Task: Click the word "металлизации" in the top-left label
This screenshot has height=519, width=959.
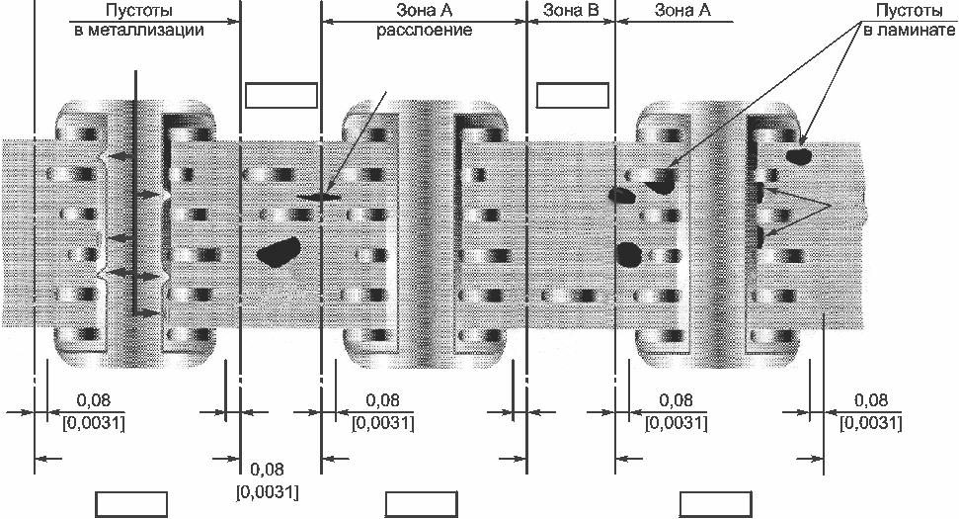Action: pos(147,30)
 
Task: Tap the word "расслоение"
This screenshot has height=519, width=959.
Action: pos(424,30)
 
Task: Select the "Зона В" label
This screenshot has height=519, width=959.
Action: pos(571,11)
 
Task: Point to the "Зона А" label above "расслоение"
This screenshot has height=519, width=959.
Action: pos(424,11)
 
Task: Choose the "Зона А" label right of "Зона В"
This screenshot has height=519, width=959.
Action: pos(682,11)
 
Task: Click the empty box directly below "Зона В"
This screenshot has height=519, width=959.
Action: pos(573,95)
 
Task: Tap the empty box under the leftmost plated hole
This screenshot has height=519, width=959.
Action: pos(131,504)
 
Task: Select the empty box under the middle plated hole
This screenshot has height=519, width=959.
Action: pos(422,504)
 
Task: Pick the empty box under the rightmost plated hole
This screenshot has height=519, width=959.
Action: pos(716,504)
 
